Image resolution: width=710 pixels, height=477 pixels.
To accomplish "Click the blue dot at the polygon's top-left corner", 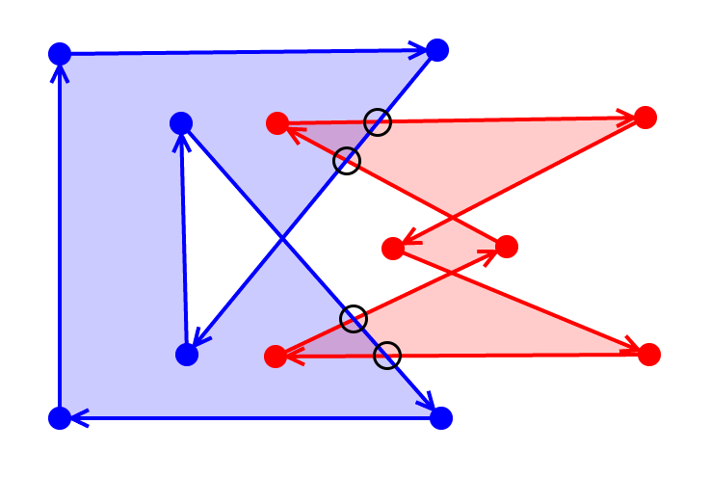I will (60, 53).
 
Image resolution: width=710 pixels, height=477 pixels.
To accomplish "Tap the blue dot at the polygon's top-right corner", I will (437, 50).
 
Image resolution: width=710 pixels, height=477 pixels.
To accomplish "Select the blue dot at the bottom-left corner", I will (60, 418).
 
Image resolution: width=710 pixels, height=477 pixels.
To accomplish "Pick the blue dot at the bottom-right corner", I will (441, 417).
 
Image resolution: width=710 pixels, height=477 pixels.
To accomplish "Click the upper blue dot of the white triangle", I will (181, 123).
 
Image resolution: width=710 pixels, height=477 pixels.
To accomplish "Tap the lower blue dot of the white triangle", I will (187, 355).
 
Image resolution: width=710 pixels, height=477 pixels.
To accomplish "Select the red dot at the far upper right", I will (645, 118).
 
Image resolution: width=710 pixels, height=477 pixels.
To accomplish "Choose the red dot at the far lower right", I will (649, 355).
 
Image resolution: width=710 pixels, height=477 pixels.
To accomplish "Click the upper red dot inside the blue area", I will (277, 123).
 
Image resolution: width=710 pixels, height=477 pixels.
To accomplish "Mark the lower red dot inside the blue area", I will (276, 357).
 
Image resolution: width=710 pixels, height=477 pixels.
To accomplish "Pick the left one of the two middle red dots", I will (393, 249).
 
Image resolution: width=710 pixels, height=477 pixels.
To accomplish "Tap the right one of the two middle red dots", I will (507, 247).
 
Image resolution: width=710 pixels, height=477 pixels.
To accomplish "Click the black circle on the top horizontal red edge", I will (379, 122).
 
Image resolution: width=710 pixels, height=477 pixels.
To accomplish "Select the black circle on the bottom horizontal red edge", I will (386, 356).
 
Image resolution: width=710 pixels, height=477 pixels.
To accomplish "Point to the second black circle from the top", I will (347, 161).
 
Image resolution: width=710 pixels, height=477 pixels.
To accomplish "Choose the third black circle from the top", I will (355, 318).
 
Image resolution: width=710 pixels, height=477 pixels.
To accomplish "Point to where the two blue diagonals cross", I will (280, 238).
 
